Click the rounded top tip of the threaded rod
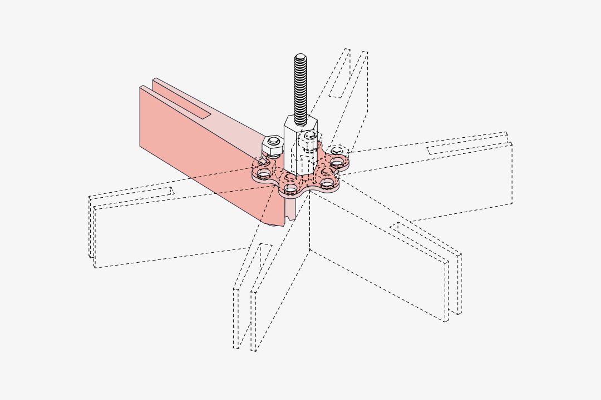point(300,56)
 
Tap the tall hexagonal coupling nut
point(295,147)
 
